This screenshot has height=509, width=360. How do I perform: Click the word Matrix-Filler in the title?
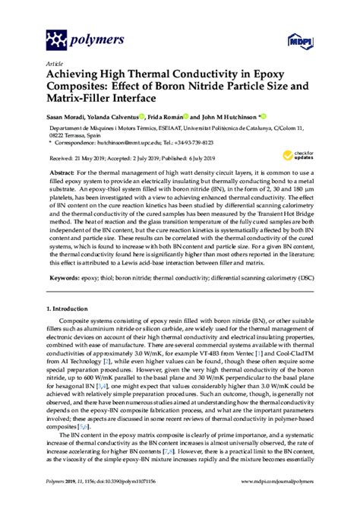pyautogui.click(x=87, y=96)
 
